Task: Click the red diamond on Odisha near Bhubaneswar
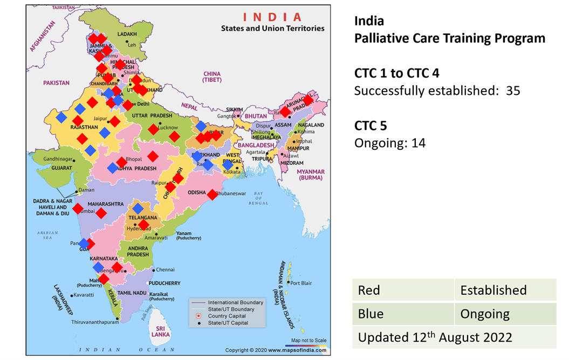(212, 194)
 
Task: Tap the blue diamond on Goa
(85, 244)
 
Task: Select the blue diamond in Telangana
(138, 209)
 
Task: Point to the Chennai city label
(165, 269)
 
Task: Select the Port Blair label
(301, 282)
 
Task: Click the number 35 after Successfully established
(513, 91)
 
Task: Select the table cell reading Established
(493, 290)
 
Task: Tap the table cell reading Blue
(371, 314)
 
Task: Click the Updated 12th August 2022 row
(435, 337)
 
